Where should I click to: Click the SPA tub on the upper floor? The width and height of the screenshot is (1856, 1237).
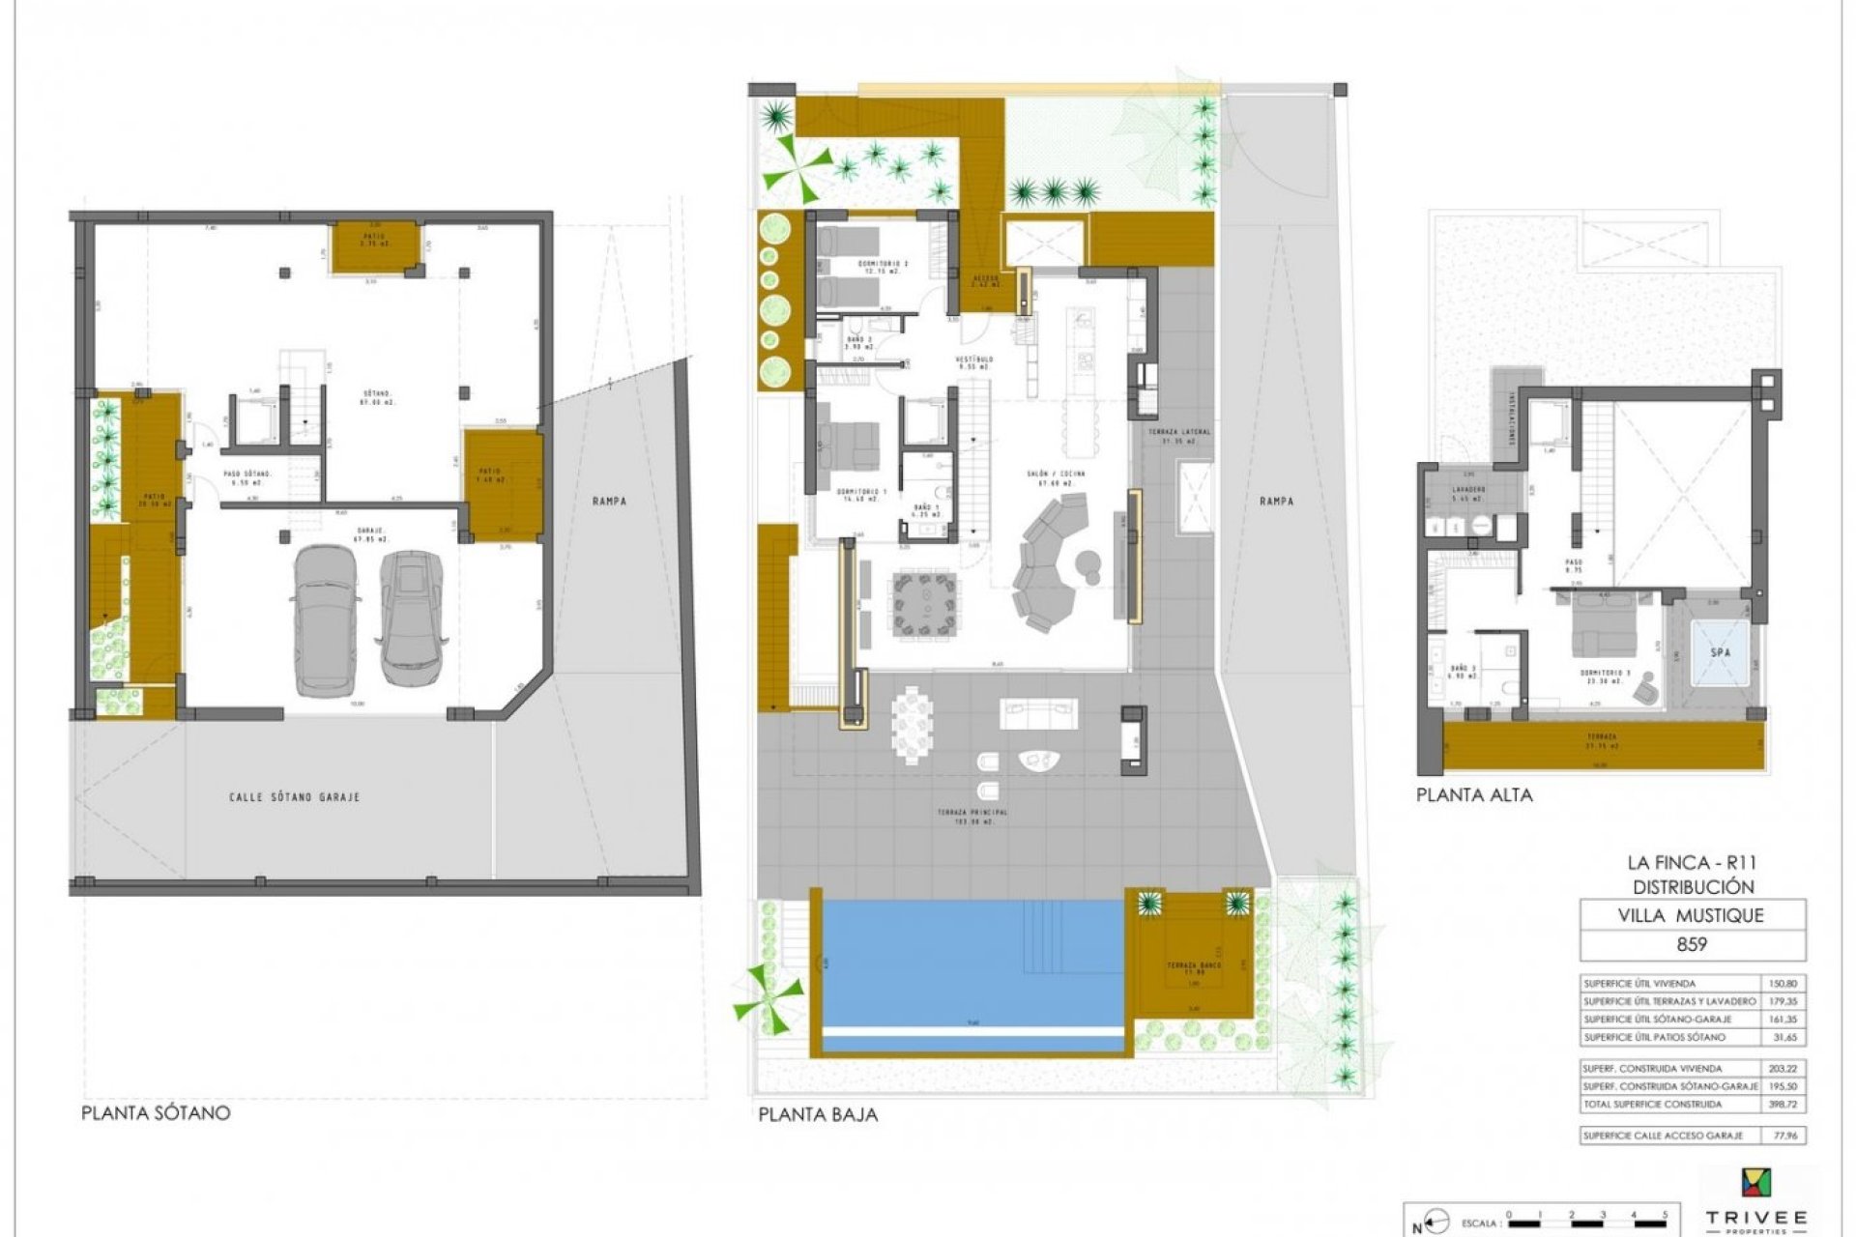point(1721,652)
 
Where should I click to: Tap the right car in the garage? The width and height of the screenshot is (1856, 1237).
point(413,615)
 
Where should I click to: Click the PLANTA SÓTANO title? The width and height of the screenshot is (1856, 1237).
point(156,1112)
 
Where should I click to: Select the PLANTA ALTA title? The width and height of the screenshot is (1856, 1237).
point(1474,795)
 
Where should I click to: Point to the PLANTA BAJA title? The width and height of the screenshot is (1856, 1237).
point(818,1114)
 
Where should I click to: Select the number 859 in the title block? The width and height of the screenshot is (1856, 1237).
point(1692,944)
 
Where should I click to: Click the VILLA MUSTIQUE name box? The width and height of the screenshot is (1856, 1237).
point(1692,914)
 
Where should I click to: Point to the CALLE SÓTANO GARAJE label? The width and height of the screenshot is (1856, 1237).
point(295,797)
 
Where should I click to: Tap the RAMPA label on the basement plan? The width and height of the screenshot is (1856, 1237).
point(611,501)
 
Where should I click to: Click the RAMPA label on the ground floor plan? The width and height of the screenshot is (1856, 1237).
point(1278,501)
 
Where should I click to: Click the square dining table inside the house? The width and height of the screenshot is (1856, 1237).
point(925,605)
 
